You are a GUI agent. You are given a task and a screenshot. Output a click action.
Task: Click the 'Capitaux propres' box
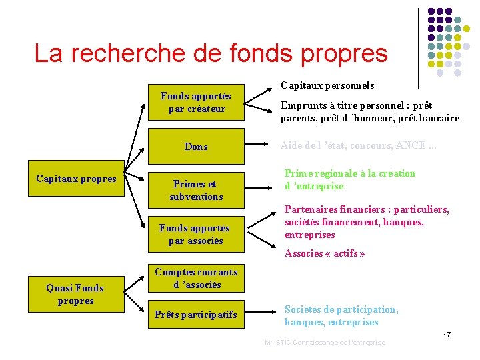pos(76,179)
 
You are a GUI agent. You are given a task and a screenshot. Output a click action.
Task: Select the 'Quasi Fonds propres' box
pos(75,294)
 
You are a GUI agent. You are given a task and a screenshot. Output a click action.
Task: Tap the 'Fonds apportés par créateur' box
pos(196,102)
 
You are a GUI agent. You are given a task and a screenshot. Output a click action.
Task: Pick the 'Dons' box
pos(196,147)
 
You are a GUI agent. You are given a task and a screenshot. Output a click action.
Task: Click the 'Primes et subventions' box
pos(196,190)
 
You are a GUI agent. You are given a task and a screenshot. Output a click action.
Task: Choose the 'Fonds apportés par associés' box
pos(196,234)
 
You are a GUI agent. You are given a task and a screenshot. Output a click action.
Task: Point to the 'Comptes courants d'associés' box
pos(196,278)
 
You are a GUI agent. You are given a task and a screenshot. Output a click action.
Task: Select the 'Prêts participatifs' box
pos(196,315)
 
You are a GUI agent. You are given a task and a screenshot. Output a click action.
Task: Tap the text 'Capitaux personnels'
pos(327,85)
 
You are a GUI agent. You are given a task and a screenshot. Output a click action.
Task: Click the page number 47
pos(447,333)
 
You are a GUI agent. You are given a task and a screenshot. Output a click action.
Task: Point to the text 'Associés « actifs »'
pos(325,253)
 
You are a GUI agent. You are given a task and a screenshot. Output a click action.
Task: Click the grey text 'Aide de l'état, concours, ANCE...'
pos(359,146)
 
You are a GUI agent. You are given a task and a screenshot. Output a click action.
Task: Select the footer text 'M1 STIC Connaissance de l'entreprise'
pos(325,343)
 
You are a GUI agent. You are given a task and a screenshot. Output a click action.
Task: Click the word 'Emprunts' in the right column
pos(301,105)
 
